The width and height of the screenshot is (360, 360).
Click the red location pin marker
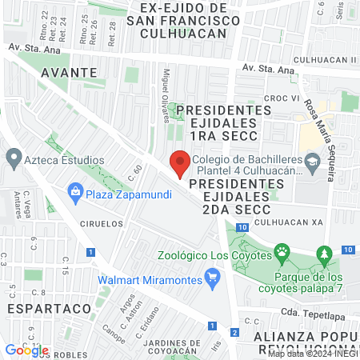click(x=180, y=165)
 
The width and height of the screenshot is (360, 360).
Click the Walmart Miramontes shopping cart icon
click(x=212, y=279)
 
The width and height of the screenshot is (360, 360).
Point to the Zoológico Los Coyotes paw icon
click(x=283, y=254)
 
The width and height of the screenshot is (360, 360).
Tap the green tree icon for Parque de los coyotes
click(x=324, y=255)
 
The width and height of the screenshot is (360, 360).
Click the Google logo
click(x=26, y=350)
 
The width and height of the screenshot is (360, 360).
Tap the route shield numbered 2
click(x=234, y=332)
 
